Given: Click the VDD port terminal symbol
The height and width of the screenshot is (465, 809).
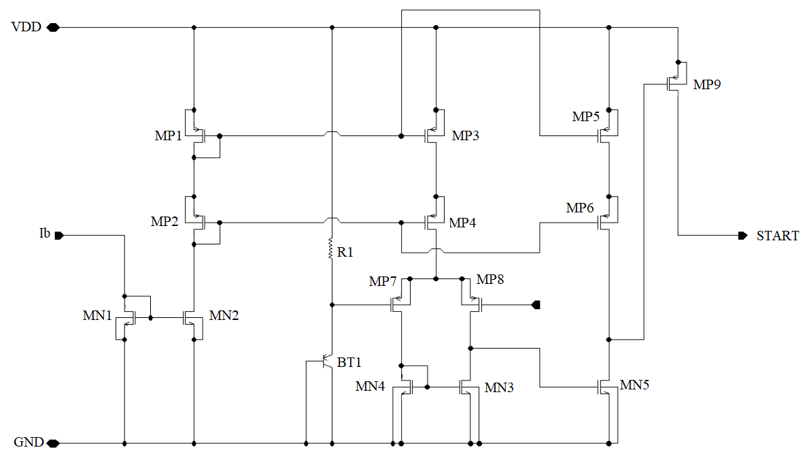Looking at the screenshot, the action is [x=53, y=27].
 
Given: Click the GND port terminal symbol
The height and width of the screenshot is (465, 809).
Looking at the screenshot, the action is [x=53, y=443].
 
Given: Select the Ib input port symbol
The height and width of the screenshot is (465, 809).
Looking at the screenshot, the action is [x=59, y=236].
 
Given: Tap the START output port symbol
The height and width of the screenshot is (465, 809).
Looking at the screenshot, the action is [x=743, y=236].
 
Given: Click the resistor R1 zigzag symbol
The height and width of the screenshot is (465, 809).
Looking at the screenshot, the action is [x=331, y=248].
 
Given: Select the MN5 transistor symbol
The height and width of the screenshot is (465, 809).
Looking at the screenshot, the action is [x=607, y=387].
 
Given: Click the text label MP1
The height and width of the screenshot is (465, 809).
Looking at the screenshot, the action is [x=168, y=136].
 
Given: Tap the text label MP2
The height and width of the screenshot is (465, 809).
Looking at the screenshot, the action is [x=165, y=222].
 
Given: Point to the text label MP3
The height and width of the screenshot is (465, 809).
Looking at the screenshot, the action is [x=466, y=136].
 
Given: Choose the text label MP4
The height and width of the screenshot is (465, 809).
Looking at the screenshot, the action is [x=462, y=223].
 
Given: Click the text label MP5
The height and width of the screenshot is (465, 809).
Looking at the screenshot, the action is [x=585, y=117].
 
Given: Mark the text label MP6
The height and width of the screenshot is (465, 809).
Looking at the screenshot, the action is [x=580, y=208].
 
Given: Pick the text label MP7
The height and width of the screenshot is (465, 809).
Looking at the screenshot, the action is [x=383, y=282].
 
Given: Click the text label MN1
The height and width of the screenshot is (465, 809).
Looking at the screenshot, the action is [x=97, y=316].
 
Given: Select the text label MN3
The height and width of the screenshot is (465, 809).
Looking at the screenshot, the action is [x=499, y=388].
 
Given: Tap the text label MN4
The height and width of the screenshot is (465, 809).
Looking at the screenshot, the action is [x=370, y=387].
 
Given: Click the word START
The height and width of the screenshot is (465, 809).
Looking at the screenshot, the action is [x=778, y=236].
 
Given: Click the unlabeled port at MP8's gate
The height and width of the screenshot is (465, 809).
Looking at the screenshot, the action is [x=536, y=305].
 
